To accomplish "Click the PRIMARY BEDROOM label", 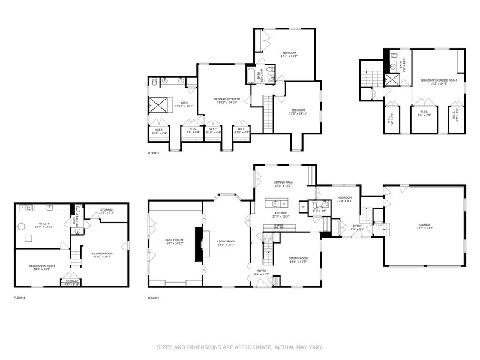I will point(228,98).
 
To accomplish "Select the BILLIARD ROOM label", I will point(102,253).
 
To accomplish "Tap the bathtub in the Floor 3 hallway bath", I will point(251,75).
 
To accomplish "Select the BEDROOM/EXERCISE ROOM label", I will point(438,80).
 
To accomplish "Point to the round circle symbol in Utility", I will point(20,227).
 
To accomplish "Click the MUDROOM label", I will point(344,197).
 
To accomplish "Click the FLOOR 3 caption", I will point(153,153).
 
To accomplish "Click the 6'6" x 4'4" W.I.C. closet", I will point(192,130).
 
